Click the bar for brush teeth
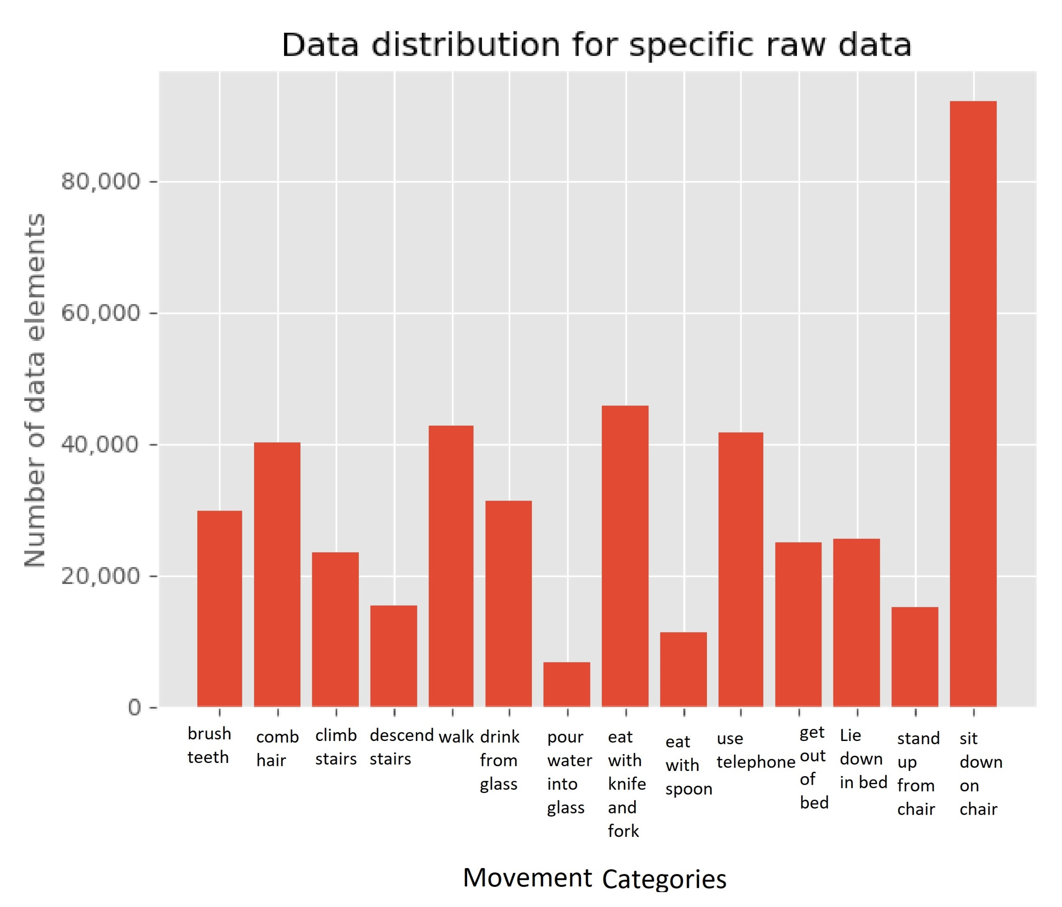pos(219,608)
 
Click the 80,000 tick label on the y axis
pos(100,181)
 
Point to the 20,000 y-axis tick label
pos(100,576)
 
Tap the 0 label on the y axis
pos(134,708)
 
